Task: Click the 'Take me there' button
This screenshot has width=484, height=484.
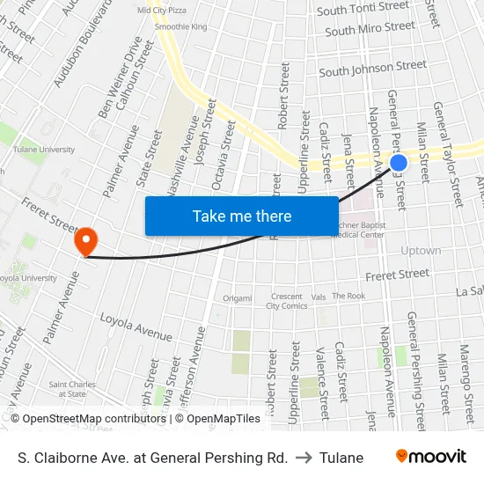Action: coord(241,216)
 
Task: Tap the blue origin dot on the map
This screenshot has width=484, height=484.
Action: coord(398,163)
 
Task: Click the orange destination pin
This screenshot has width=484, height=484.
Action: coord(86,240)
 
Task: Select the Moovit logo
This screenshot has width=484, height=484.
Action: coord(431,457)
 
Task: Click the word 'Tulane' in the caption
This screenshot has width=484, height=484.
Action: coord(341,458)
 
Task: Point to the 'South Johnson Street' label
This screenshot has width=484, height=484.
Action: coord(372,68)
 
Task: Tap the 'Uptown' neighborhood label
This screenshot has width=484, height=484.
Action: coord(421,251)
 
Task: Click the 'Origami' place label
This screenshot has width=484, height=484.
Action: coord(237,298)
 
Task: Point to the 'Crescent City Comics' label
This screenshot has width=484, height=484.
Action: coord(286,301)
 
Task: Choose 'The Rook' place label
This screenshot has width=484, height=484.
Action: coord(348,297)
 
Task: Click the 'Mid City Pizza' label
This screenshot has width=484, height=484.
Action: coord(162,10)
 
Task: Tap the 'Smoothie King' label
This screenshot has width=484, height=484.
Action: coord(180,27)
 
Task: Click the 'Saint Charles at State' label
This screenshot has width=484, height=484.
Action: coord(67,389)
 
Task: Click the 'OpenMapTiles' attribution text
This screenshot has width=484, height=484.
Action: coord(226,419)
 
